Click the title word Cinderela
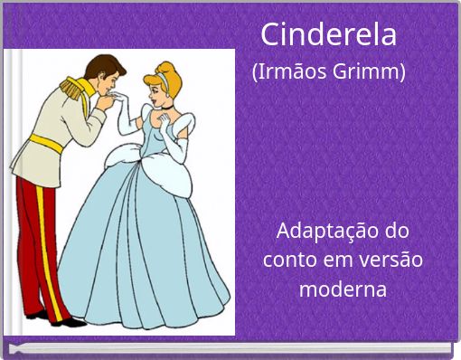pyautogui.click(x=328, y=34)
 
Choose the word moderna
pyautogui.click(x=343, y=289)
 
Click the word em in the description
pyautogui.click(x=341, y=260)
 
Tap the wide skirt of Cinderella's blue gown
pyautogui.click(x=145, y=253)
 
